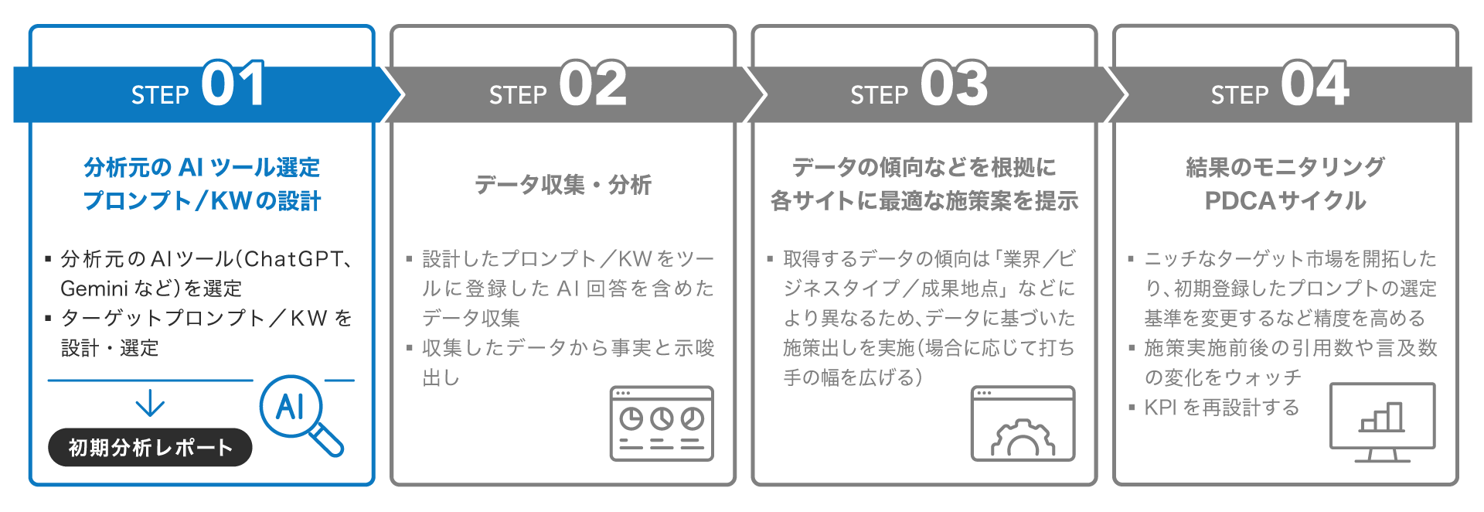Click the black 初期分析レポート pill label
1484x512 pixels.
point(150,448)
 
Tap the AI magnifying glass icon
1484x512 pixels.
point(298,411)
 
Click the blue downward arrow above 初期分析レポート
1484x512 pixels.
point(150,403)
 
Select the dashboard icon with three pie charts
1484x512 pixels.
point(662,424)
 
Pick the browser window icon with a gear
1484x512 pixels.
point(1023,424)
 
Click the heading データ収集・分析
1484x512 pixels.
point(563,185)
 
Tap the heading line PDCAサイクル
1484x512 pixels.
point(1285,201)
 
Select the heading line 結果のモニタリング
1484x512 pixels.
point(1285,167)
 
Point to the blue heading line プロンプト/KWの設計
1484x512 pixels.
point(202,201)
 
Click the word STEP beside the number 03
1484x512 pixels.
point(879,95)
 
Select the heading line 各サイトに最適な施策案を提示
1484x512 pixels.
point(924,201)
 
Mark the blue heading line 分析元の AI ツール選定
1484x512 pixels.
point(202,167)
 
